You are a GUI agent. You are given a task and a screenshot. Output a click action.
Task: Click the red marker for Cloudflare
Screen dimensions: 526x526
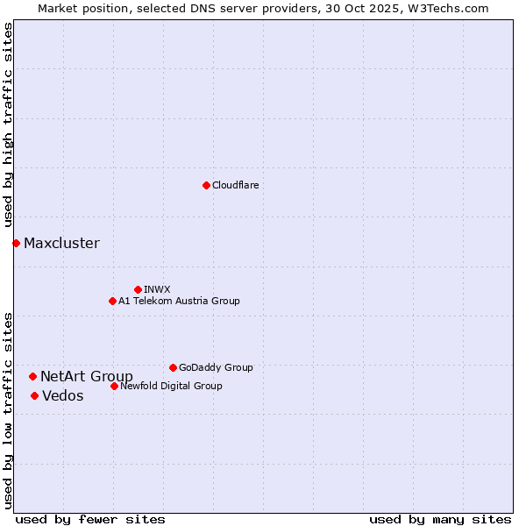click(206, 185)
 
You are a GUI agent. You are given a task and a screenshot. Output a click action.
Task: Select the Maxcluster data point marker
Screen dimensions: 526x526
click(16, 243)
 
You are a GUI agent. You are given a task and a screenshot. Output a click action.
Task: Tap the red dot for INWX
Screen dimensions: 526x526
click(138, 289)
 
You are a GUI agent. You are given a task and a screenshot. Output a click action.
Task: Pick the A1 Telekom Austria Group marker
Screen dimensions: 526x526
click(112, 301)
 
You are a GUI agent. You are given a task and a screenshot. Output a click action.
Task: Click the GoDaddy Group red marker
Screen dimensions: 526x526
click(173, 367)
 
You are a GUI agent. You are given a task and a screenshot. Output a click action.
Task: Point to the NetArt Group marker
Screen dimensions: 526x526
click(32, 376)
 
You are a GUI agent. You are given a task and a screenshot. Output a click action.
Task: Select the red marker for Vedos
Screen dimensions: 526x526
click(34, 395)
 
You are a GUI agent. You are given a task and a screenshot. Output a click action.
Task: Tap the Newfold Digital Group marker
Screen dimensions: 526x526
click(114, 386)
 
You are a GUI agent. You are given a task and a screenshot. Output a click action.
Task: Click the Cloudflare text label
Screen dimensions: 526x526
click(235, 185)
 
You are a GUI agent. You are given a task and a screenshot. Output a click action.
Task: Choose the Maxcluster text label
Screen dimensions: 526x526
click(61, 243)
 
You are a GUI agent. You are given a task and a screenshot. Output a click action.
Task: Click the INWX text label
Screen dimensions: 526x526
click(157, 289)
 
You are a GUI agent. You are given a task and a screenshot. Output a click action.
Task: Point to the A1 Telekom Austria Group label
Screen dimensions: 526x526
click(179, 301)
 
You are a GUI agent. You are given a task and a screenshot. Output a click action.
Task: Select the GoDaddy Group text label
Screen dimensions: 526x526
click(216, 367)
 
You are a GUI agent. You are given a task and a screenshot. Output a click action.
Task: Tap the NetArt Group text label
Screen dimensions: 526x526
click(87, 376)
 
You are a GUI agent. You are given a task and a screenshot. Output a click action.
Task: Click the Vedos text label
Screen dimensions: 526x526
click(63, 395)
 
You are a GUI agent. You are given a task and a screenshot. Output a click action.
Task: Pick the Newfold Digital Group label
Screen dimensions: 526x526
click(171, 386)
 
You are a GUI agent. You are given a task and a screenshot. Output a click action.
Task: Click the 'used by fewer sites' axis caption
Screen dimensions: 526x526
click(90, 519)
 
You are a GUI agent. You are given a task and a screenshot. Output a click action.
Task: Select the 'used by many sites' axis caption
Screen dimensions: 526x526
click(440, 519)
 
